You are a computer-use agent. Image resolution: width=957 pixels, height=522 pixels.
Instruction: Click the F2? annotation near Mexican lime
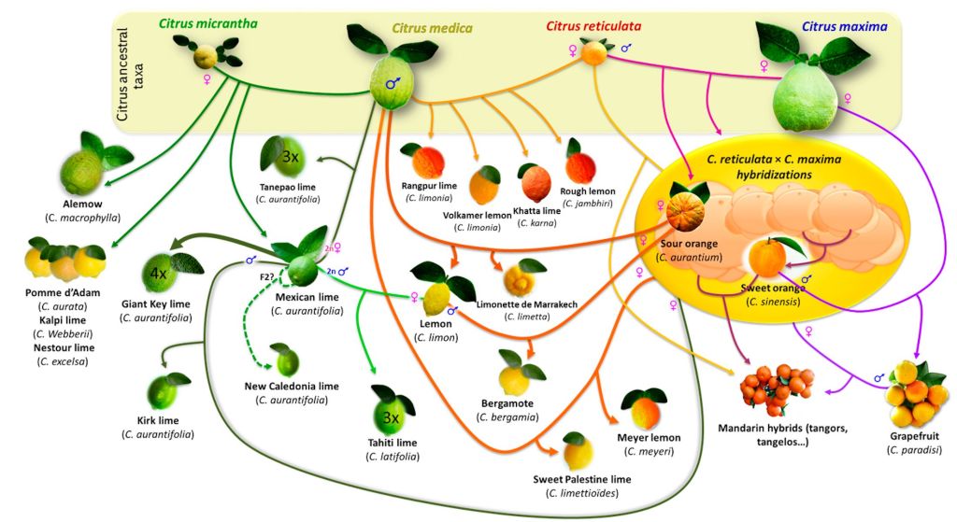pyautogui.click(x=266, y=277)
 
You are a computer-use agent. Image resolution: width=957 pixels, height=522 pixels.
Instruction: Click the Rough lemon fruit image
pyautogui.click(x=579, y=165)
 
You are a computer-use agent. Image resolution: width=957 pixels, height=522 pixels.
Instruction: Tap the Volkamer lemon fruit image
pyautogui.click(x=484, y=184)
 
